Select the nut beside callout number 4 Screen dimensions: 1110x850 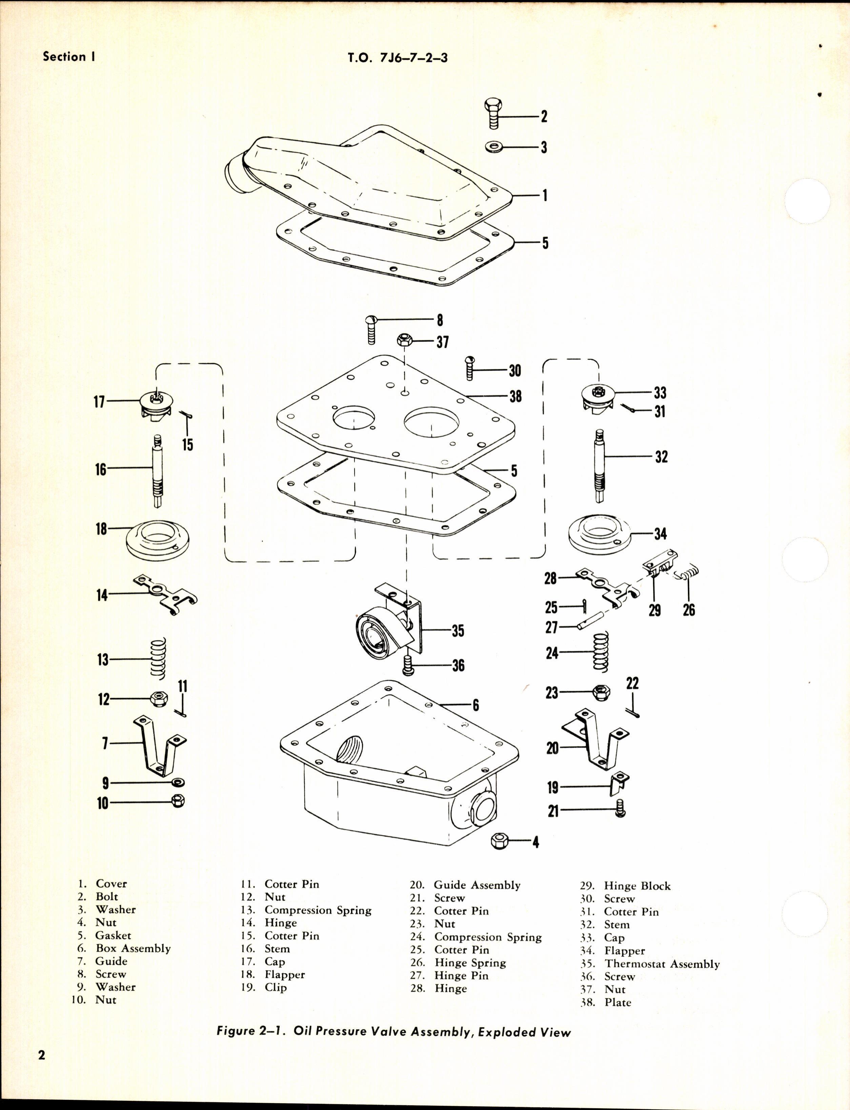coord(500,841)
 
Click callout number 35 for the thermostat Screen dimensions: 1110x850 coord(458,630)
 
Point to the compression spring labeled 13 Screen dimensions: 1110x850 coord(158,659)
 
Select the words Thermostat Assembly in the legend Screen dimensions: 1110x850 coord(662,964)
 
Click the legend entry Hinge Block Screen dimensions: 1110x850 coord(637,886)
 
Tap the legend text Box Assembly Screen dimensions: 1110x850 coord(133,948)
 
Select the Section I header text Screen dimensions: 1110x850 coord(69,56)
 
